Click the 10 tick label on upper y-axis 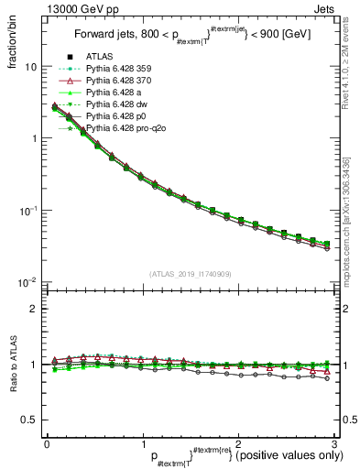pos(31,67)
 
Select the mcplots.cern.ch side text pos(351,238)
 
